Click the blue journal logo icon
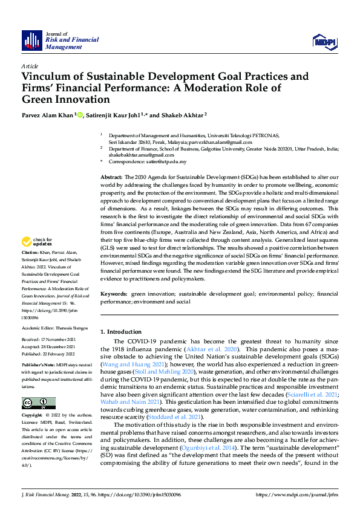[x=32, y=40]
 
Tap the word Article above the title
[x=30, y=66]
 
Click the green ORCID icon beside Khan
[x=79, y=114]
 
